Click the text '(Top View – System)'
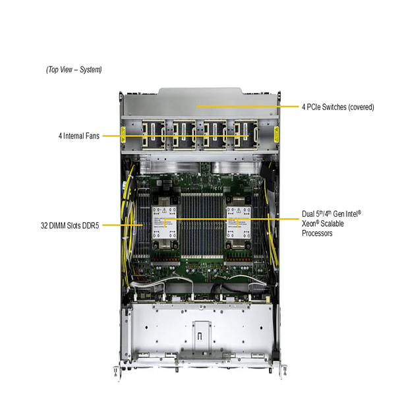click(74, 69)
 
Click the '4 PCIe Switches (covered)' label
click(337, 107)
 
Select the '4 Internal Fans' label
click(78, 136)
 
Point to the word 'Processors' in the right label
click(317, 233)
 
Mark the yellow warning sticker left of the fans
click(123, 135)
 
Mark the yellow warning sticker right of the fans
click(275, 135)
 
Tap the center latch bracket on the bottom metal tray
click(200, 331)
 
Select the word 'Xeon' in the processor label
click(308, 224)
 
